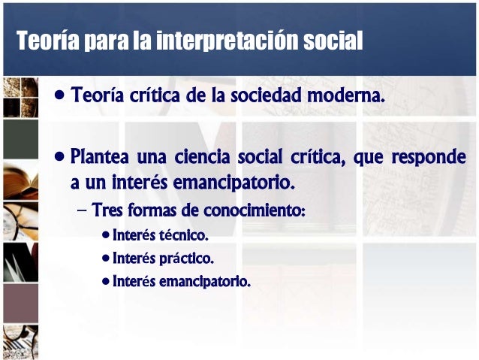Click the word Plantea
point(101,159)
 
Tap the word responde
point(428,159)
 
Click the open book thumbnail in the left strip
point(20,180)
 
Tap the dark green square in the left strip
point(20,139)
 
